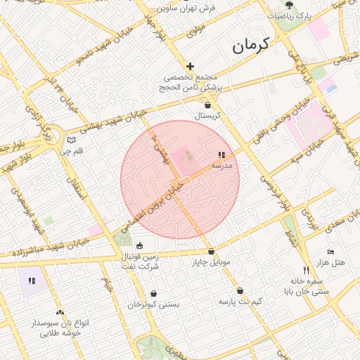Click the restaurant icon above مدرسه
[221, 155]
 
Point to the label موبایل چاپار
[211, 263]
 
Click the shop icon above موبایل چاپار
[211, 252]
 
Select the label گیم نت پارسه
[240, 302]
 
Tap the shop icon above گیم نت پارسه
[240, 290]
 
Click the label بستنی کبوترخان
[153, 304]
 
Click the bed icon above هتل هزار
[331, 252]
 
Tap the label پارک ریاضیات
[289, 15]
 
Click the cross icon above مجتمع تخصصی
[190, 66]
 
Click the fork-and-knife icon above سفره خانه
[305, 270]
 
